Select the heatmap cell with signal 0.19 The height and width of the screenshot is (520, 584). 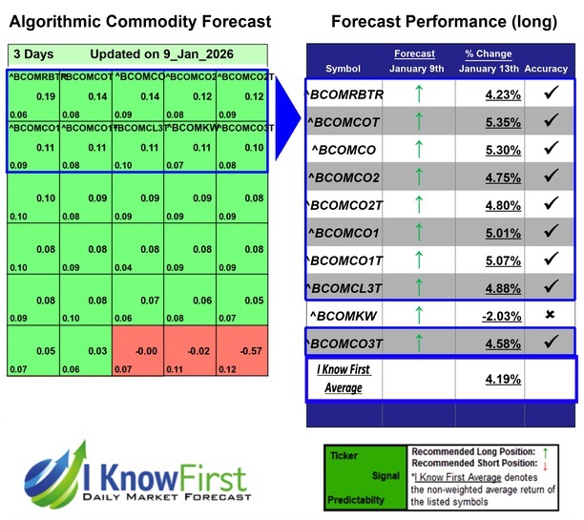point(34,95)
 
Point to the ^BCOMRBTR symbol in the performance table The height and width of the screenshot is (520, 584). point(344,94)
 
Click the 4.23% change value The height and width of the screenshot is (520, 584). point(490,94)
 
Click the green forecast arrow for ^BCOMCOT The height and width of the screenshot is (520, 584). point(416,122)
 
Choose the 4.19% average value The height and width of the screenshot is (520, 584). point(490,378)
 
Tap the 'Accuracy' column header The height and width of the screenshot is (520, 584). point(550,69)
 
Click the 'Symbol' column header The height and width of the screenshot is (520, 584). point(344,69)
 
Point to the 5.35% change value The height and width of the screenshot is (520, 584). point(490,122)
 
